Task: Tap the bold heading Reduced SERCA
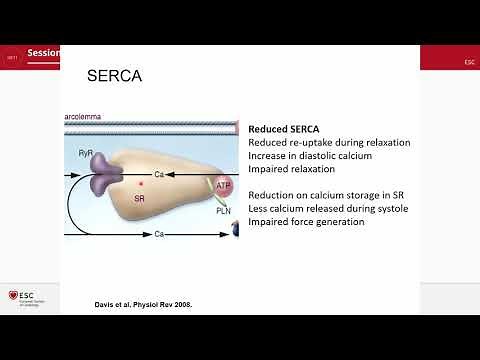[289, 129]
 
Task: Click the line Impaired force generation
[306, 221]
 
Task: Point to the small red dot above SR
[141, 186]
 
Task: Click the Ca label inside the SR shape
[159, 174]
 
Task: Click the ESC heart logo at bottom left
[13, 296]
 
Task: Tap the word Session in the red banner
[43, 53]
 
